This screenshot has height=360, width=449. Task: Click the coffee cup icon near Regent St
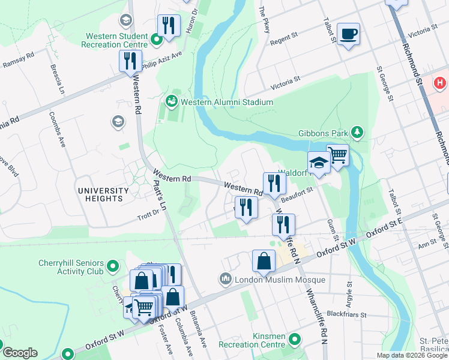[348, 33]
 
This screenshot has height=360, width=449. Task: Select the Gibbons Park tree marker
[357, 131]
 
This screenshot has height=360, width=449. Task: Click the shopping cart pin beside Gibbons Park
[337, 155]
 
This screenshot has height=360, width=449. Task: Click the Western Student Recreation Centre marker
[157, 40]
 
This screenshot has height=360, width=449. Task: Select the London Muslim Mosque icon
[226, 280]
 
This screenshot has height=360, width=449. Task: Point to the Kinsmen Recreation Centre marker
[294, 340]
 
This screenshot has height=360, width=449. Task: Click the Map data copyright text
[411, 355]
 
